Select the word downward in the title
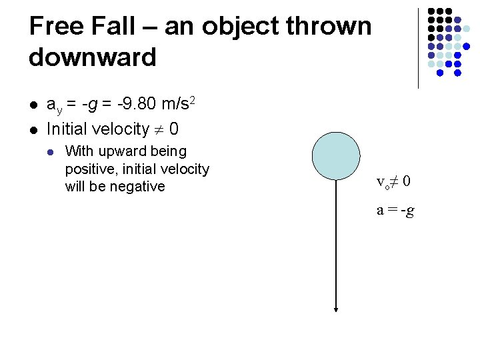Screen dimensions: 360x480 tap(93, 57)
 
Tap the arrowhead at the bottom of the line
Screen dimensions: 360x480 tap(337, 309)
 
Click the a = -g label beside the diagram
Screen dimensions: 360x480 tap(395, 211)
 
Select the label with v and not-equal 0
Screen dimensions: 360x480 tap(393, 181)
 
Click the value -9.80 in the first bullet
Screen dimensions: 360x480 tap(137, 105)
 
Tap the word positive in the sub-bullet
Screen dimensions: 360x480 tap(90, 169)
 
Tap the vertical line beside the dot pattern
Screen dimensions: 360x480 tap(418, 48)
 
